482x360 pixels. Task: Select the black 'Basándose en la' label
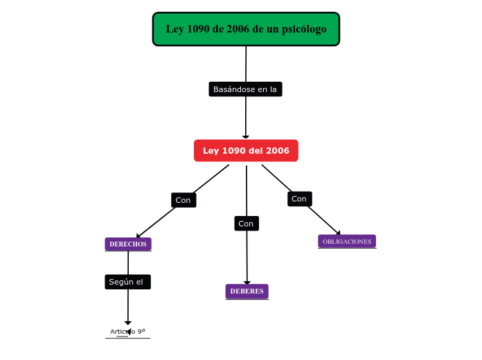245,89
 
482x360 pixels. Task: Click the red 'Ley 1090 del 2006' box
246,151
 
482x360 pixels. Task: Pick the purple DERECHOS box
128,244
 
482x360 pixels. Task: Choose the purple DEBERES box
247,291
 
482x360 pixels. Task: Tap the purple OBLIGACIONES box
347,242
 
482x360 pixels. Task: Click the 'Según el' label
127,282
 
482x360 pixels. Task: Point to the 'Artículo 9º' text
127,332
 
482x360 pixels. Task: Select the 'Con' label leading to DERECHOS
184,200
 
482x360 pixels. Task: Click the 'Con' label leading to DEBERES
246,224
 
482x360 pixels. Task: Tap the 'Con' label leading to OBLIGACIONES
299,199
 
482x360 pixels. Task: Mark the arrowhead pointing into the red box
246,137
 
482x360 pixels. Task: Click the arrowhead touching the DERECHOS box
139,236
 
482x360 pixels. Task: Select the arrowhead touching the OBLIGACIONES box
337,233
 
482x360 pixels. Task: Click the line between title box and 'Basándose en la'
246,64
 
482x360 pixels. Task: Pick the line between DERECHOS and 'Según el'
128,262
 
